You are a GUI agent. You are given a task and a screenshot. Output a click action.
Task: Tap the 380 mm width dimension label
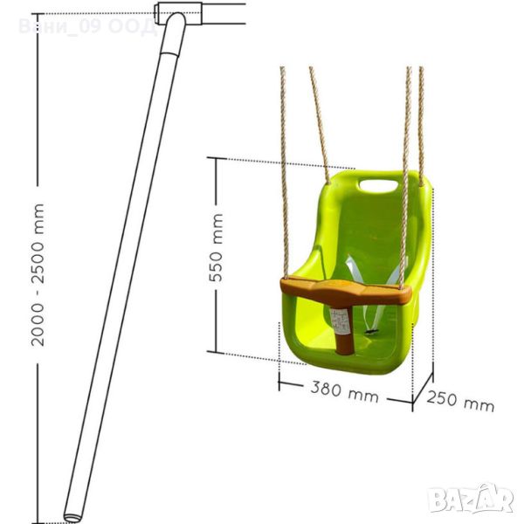[x=345, y=392]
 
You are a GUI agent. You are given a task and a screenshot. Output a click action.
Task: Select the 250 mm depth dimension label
[x=460, y=401]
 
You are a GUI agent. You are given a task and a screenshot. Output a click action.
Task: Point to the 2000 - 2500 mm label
[x=38, y=275]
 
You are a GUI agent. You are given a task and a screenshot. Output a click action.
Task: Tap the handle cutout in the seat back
[x=378, y=186]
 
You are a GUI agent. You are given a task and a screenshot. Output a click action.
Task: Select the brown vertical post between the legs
[x=344, y=329]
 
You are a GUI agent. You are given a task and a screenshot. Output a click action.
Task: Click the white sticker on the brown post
[x=338, y=321]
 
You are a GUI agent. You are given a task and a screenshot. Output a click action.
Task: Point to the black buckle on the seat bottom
[x=371, y=332]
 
